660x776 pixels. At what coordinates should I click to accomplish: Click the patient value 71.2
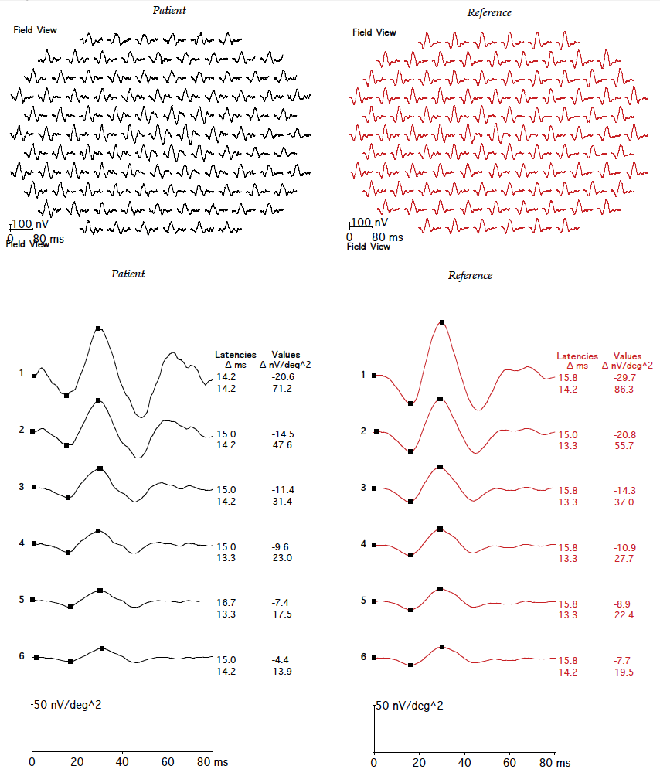coord(281,389)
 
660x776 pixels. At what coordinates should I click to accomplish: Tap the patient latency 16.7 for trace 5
coord(226,602)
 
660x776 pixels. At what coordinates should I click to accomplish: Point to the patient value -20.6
coord(283,377)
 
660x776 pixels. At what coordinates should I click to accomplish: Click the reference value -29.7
coord(624,378)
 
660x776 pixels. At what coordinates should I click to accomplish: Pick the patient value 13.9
coord(281,672)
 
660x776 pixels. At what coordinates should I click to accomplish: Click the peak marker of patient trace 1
coord(98,328)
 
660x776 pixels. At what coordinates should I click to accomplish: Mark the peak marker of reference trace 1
coord(442,322)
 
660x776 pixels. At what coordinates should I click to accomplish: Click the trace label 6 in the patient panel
coord(22,656)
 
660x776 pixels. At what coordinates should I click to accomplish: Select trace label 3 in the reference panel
coord(363,488)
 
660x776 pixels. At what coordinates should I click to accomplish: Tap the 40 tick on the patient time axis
coord(122,761)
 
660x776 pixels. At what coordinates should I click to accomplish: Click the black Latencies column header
coord(235,355)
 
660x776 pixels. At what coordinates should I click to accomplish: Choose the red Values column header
coord(627,356)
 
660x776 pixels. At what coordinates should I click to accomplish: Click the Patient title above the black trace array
coord(169,11)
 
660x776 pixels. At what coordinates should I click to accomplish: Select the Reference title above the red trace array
coord(489,12)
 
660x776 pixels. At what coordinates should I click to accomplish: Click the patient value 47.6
coord(281,445)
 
